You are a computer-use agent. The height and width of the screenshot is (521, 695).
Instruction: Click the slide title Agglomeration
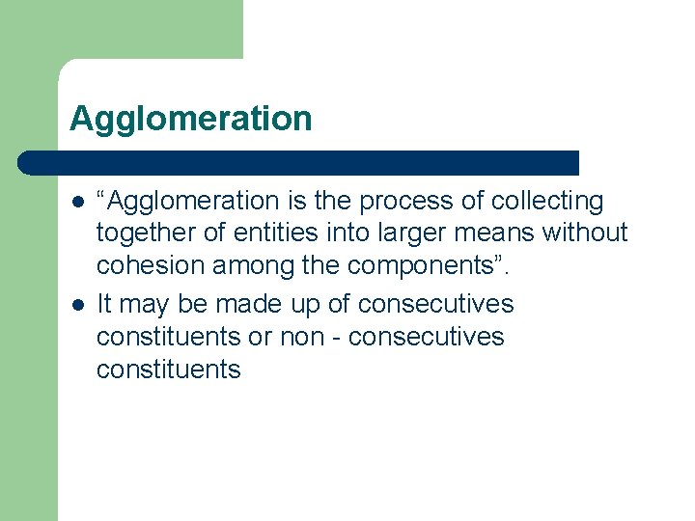coord(191,120)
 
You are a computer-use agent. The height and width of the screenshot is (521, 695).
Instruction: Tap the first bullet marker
coord(76,202)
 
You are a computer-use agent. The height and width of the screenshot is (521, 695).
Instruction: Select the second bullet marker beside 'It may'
coord(76,305)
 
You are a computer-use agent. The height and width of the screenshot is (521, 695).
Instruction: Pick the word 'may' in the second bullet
coord(144,305)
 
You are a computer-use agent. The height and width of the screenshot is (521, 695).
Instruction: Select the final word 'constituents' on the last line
coord(169,370)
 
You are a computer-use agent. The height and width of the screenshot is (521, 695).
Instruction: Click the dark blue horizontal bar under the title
coord(299,162)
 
